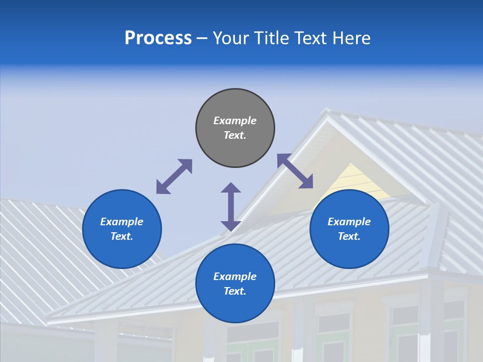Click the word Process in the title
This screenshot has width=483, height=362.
point(158,38)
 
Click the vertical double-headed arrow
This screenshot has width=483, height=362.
point(231,207)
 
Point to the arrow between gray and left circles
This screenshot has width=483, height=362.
point(174,176)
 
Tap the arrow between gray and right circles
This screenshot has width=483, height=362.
point(295,171)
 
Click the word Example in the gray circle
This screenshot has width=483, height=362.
point(235,121)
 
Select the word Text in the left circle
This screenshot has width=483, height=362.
point(122,236)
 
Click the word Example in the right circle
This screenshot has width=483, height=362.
point(349,222)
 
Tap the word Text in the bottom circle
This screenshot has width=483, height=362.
point(235,291)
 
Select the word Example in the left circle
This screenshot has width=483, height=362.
point(122,222)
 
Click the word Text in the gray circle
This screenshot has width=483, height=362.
point(235,135)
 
